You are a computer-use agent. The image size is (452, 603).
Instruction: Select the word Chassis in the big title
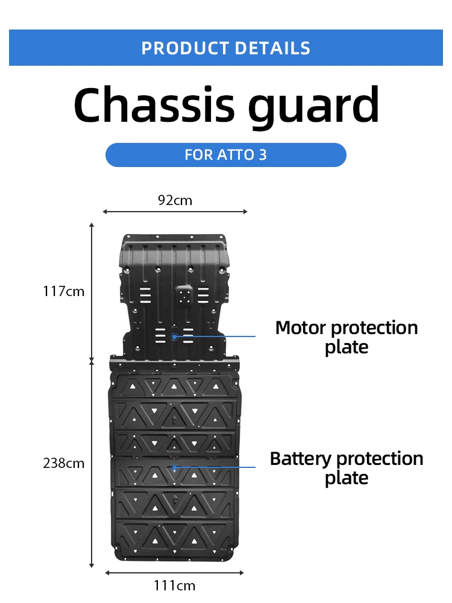tap(154, 106)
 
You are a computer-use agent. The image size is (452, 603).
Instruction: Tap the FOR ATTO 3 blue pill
tap(226, 155)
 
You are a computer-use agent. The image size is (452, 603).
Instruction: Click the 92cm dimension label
tap(175, 200)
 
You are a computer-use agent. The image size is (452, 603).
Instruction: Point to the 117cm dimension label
tap(64, 291)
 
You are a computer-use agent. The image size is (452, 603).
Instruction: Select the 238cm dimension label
tap(64, 463)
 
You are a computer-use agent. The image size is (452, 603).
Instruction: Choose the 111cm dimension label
tap(175, 585)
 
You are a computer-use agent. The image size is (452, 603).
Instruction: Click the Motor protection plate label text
tap(346, 337)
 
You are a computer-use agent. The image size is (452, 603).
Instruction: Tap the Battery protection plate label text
tap(346, 468)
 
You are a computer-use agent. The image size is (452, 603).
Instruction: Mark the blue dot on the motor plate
tap(174, 336)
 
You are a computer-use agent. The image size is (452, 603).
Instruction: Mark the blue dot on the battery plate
tap(174, 467)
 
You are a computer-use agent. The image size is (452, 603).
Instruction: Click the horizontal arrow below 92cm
tap(175, 212)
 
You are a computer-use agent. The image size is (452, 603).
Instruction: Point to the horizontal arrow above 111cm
tap(175, 572)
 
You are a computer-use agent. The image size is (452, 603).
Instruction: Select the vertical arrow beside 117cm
tap(92, 292)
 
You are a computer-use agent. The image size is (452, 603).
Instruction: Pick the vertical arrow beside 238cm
tap(92, 464)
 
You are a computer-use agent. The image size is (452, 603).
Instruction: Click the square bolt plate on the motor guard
tap(184, 295)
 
